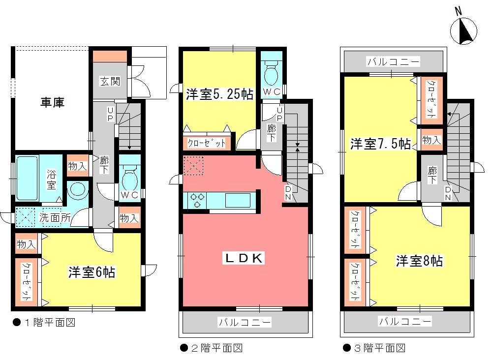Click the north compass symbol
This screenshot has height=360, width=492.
tap(463, 30)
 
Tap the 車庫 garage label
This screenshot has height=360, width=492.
tap(52, 103)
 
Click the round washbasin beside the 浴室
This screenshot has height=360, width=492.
tap(77, 190)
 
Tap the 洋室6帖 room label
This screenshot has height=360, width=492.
tap(92, 272)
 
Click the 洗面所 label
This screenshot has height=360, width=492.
tap(53, 217)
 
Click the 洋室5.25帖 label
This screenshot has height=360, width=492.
tap(219, 94)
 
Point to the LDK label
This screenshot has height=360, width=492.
tap(245, 258)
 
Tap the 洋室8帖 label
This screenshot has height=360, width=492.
tap(419, 261)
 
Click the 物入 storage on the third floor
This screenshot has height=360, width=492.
tap(431, 141)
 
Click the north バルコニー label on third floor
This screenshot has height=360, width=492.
tap(393, 62)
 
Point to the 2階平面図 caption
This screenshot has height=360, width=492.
tap(211, 348)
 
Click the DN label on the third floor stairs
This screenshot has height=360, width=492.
tap(448, 193)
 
